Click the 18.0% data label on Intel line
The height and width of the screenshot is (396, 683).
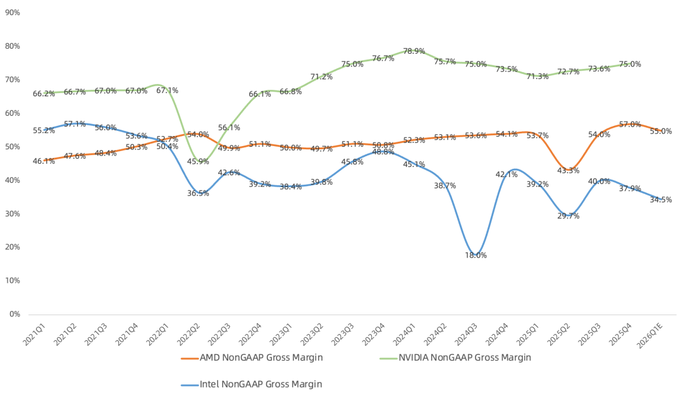click(x=476, y=256)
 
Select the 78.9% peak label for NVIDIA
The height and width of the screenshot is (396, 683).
click(x=414, y=51)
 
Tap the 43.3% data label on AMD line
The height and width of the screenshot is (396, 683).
click(x=569, y=171)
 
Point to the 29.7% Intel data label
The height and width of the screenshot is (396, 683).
click(x=569, y=216)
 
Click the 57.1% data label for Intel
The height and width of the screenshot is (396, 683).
click(x=75, y=124)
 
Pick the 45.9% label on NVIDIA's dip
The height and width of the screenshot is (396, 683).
click(x=198, y=161)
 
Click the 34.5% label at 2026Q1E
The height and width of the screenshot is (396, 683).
click(x=661, y=200)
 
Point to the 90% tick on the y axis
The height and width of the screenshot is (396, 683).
click(x=13, y=13)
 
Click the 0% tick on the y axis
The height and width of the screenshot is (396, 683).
click(x=15, y=314)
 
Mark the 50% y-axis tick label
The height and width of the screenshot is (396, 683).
click(x=13, y=147)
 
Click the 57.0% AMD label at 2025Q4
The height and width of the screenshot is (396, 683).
click(x=630, y=125)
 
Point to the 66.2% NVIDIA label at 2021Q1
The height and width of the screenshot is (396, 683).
click(x=44, y=94)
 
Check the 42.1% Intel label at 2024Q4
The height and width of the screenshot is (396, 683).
click(x=507, y=175)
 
